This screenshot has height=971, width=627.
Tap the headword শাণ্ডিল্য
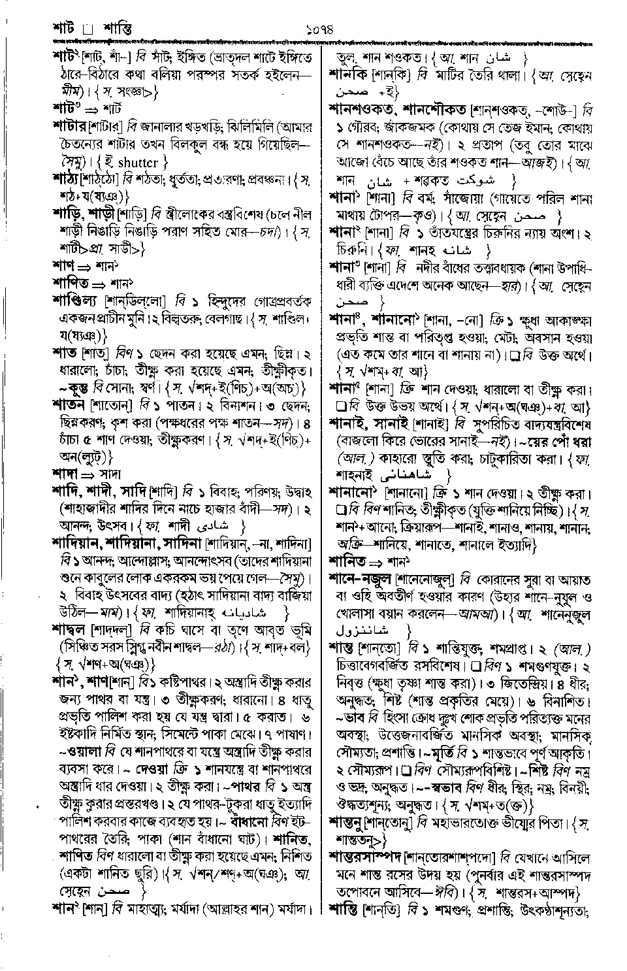tap(76, 300)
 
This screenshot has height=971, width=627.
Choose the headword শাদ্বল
tap(71, 630)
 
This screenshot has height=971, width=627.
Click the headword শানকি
tap(351, 76)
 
